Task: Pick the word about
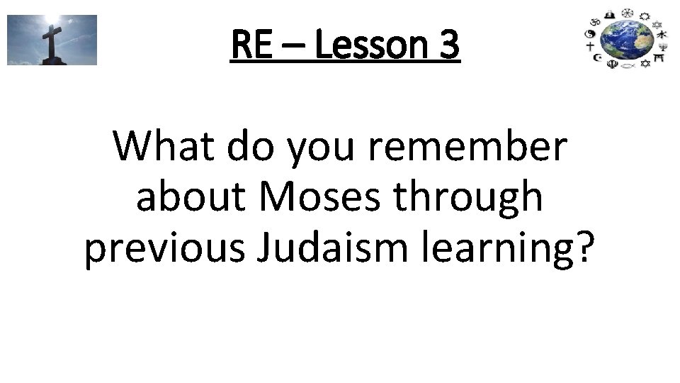click(x=191, y=199)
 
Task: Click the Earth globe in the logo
click(x=627, y=38)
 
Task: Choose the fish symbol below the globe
click(x=628, y=66)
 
